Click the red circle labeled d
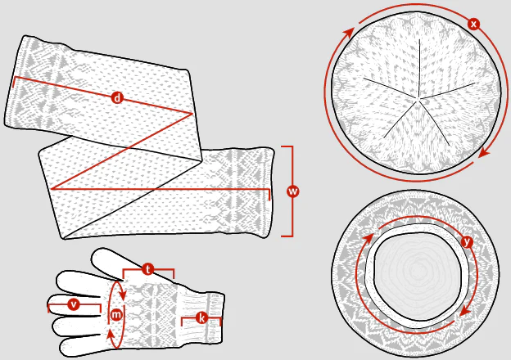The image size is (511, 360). [x=117, y=97]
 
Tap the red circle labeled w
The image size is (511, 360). [x=293, y=191]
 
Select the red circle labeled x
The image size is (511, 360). [x=473, y=24]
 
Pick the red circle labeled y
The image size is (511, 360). [x=468, y=242]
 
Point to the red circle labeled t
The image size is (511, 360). [x=148, y=269]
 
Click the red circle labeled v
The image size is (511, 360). [x=74, y=304]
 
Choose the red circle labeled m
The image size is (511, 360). [x=116, y=314]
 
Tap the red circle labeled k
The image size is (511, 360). [x=201, y=317]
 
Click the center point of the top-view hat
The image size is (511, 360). [x=418, y=97]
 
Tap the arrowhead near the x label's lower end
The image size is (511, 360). [x=485, y=153]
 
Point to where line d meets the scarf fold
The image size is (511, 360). [x=192, y=113]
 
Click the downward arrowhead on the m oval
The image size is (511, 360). [x=123, y=295]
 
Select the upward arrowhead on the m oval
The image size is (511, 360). [x=111, y=334]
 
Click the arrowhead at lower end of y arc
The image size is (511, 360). [x=465, y=313]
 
